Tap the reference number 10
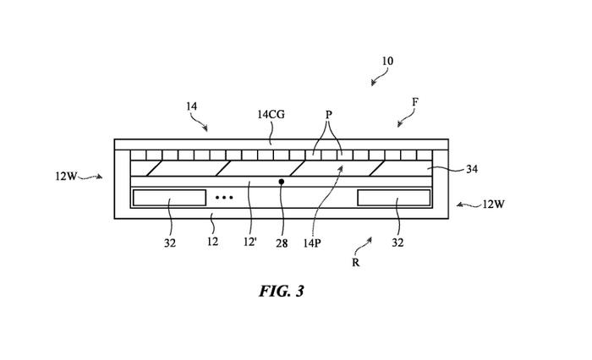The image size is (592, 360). [x=386, y=62]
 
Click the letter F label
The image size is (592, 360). [x=414, y=102]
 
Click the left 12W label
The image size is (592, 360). [x=66, y=177]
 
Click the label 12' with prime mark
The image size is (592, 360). [x=249, y=243]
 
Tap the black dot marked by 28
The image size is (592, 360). [x=282, y=181]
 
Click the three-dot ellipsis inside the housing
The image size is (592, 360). [x=223, y=198]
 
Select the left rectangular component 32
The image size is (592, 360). [x=169, y=198]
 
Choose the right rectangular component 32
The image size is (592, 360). [x=394, y=198]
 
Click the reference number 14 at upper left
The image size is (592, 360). [x=191, y=107]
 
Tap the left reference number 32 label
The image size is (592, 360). [x=169, y=243]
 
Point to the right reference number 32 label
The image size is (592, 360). [x=397, y=243]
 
